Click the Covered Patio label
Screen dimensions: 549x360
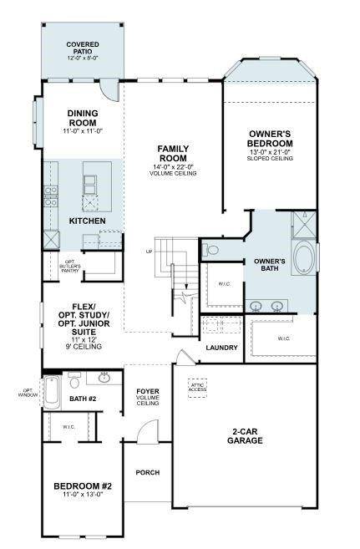pyautogui.click(x=82, y=49)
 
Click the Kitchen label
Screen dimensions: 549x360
pyautogui.click(x=87, y=221)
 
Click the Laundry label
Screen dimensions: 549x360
pyautogui.click(x=221, y=348)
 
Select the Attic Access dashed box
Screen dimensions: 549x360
pyautogui.click(x=197, y=389)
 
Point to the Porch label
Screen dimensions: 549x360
pyautogui.click(x=148, y=473)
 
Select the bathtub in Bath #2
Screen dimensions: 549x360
pyautogui.click(x=52, y=390)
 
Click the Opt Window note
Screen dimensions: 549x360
pyautogui.click(x=28, y=392)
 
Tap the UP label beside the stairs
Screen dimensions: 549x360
pyautogui.click(x=150, y=252)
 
